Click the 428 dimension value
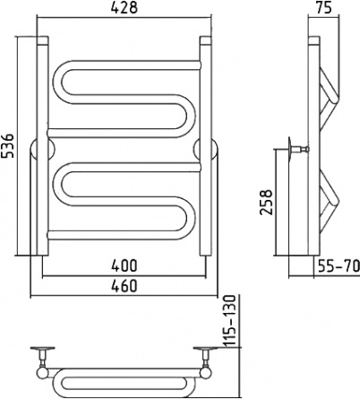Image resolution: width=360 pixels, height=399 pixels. coord(124,7)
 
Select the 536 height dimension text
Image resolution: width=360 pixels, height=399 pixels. coord(7,145)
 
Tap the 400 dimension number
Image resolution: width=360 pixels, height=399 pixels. coord(124,265)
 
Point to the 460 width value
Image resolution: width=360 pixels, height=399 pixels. coord(124,285)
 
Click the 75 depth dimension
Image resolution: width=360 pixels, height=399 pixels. coord(323,7)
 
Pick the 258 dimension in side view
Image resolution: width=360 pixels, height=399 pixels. coord(266,202)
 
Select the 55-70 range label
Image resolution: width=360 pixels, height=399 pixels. coord(338,265)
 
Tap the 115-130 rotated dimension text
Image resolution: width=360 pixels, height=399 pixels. coord(231,321)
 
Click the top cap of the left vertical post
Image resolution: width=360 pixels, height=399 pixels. coord(42,40)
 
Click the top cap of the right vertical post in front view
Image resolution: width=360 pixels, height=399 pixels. coord(205,40)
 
